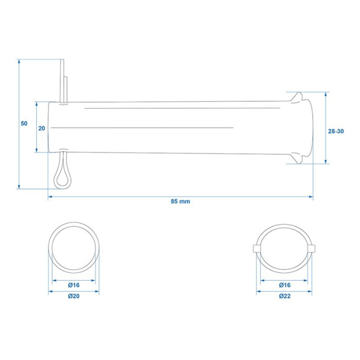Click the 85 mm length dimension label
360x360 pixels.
[x=180, y=202]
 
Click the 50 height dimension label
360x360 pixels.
[x=24, y=123]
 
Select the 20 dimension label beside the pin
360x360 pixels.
[x=42, y=129]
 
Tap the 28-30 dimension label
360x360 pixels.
[x=336, y=131]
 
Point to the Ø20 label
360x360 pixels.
[x=74, y=296]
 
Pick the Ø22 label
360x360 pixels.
[x=285, y=296]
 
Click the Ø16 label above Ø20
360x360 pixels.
[x=74, y=285]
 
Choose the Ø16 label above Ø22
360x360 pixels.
[x=285, y=285]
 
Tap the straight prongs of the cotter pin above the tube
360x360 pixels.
[x=64, y=81]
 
